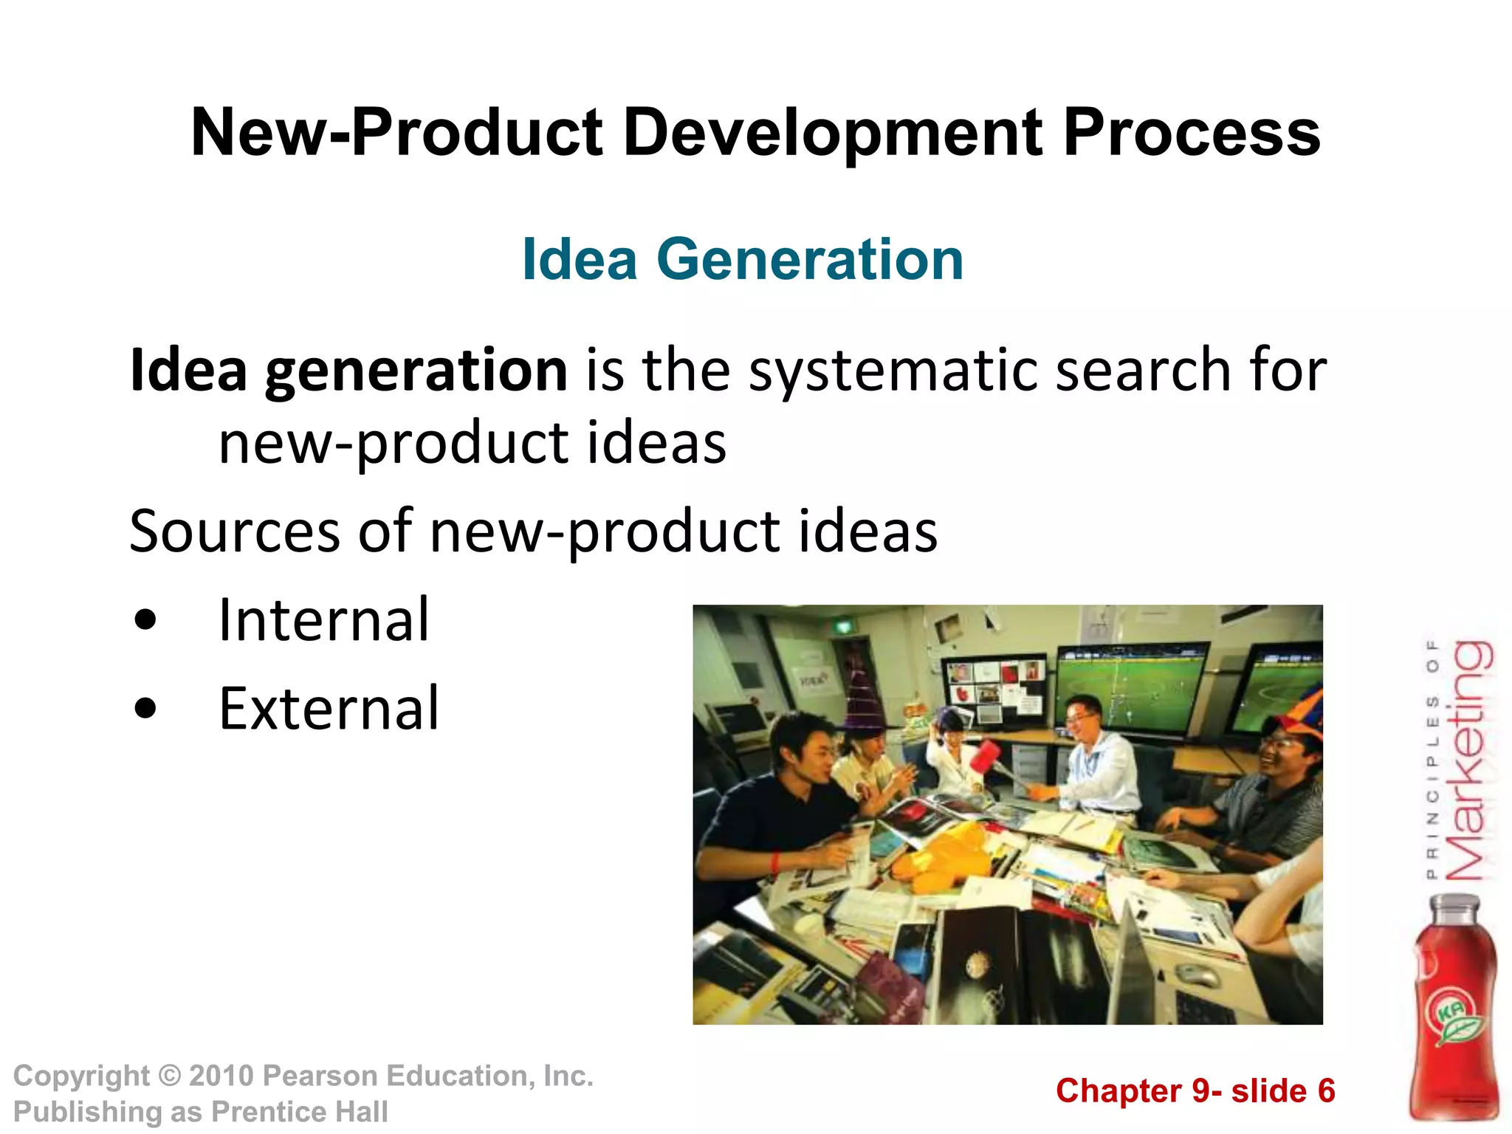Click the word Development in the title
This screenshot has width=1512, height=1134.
coord(833,133)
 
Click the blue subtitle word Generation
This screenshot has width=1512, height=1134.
coord(809,260)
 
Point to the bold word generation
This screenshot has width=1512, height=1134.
coord(416,371)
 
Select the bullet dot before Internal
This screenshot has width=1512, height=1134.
coord(146,620)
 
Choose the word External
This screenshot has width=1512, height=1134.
coord(329,708)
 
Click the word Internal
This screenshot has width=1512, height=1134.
coord(323,620)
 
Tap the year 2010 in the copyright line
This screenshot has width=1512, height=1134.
coord(221,1076)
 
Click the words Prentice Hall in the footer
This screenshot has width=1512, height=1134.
coord(299,1112)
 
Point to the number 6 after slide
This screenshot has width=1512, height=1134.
coord(1327,1091)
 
